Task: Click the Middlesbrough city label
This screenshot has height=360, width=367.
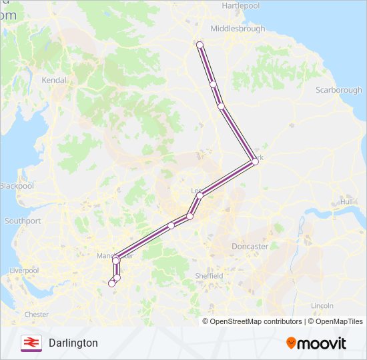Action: point(237,29)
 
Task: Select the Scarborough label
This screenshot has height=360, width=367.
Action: point(339,90)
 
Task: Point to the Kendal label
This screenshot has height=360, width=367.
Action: point(54,80)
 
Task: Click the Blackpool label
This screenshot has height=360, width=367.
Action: point(17,186)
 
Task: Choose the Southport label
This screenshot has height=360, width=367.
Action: point(23,221)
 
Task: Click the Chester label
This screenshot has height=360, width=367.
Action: point(36,314)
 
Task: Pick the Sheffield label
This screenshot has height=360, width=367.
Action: point(209,275)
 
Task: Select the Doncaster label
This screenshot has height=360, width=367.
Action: point(250,246)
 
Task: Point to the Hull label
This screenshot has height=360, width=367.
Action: point(346,201)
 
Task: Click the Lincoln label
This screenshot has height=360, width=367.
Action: point(322,305)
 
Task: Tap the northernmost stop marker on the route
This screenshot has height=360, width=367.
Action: point(200,45)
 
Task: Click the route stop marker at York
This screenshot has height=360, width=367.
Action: point(255,161)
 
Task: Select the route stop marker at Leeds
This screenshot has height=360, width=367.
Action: point(200,195)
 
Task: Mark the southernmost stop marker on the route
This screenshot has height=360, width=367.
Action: point(112,283)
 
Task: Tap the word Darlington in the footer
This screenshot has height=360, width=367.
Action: point(73,343)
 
